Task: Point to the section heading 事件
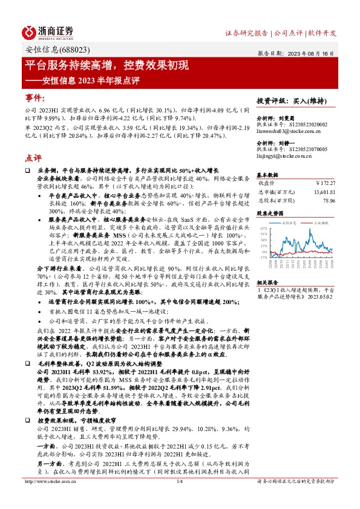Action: click(34, 97)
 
